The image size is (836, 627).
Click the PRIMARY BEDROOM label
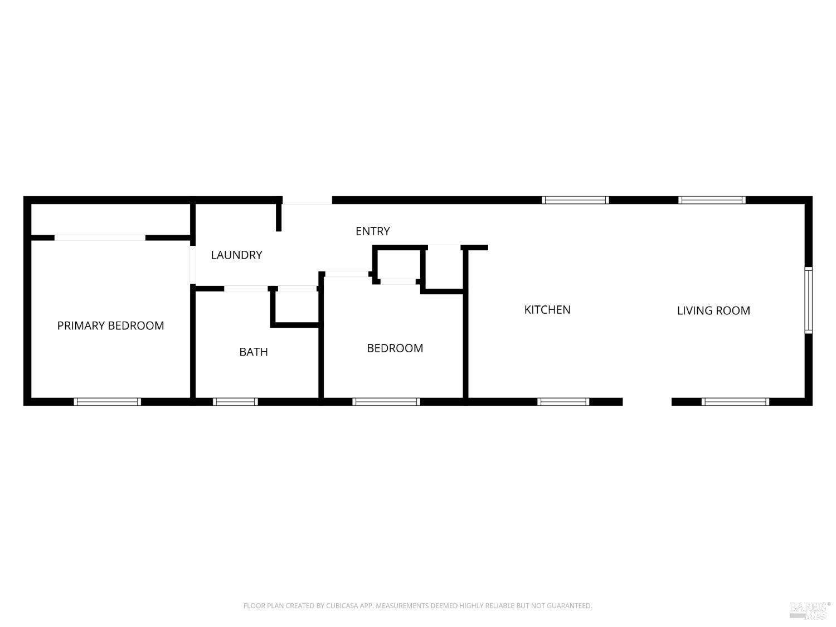[x=110, y=325]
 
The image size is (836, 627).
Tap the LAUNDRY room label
[x=236, y=255]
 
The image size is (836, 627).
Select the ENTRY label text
[x=372, y=231]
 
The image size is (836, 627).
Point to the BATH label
[x=254, y=352]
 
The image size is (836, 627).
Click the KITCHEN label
[x=547, y=310]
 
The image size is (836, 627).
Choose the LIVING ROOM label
[x=713, y=310]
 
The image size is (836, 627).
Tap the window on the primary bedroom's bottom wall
[x=107, y=401]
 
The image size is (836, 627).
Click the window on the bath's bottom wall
[x=235, y=401]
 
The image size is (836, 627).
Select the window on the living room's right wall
[x=808, y=300]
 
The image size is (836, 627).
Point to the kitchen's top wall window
[x=575, y=200]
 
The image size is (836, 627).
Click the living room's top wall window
[x=712, y=200]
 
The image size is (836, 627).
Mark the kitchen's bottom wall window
[x=563, y=401]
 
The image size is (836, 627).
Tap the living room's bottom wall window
[x=735, y=401]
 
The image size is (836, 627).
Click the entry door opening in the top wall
[x=307, y=201]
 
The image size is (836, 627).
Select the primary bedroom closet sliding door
[x=100, y=238]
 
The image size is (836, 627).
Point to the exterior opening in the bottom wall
[x=647, y=401]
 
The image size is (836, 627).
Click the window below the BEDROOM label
[x=386, y=401]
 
